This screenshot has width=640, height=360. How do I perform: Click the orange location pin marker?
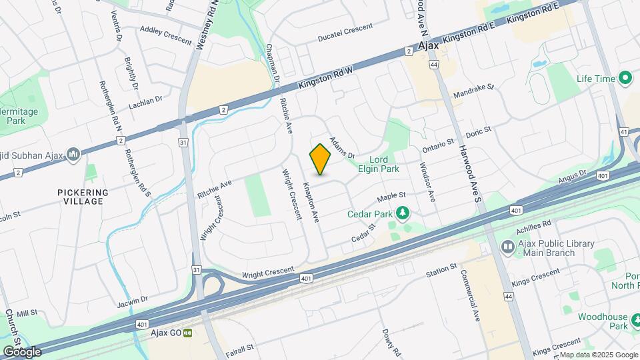[320, 159]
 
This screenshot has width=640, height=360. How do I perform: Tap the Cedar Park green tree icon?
[403, 213]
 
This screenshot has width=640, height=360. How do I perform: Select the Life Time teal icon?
[625, 79]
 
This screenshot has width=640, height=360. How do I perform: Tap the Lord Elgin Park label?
[379, 164]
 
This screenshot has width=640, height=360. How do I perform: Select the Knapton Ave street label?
[312, 201]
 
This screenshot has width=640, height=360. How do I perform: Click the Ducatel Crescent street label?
[345, 28]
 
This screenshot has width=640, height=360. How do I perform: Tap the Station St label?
[441, 270]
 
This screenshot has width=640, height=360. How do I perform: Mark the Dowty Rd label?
[391, 342]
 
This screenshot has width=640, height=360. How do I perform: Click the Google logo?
[22, 351]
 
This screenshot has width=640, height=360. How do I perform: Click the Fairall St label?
[240, 348]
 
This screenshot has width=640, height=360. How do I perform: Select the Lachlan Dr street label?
[147, 100]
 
